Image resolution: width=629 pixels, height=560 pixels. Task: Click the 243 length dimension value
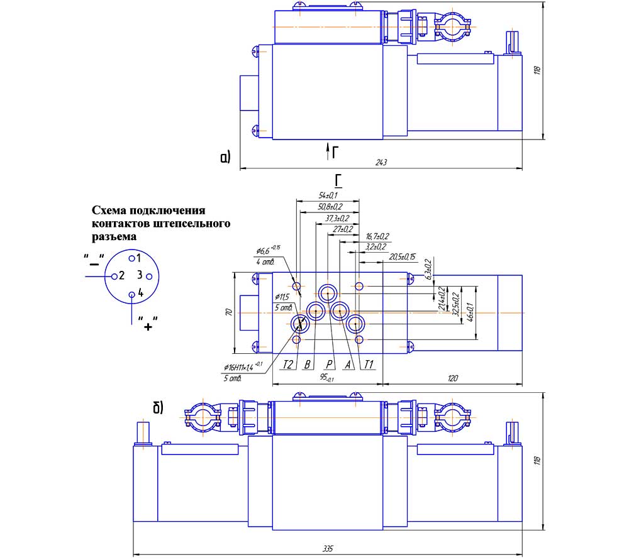[381, 163]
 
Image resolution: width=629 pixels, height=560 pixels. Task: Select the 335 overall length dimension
[327, 549]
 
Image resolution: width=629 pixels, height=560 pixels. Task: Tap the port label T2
[289, 364]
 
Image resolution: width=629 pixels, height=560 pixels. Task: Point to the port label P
[328, 364]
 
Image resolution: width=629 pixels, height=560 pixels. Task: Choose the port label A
[347, 364]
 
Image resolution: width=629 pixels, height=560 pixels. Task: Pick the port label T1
[369, 364]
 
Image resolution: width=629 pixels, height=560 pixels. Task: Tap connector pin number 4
[140, 293]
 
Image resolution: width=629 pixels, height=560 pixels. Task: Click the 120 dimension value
[452, 378]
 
